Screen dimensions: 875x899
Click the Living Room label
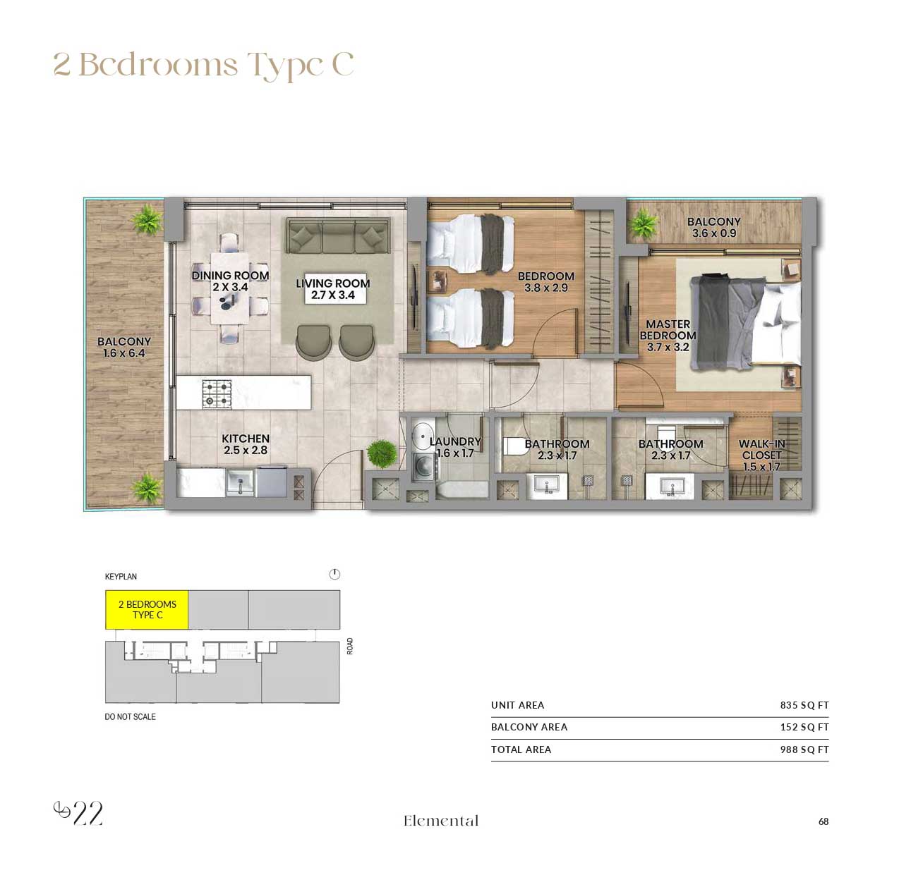(x=332, y=289)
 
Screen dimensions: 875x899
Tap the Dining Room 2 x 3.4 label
(x=230, y=281)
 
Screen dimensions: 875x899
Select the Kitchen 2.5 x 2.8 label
(x=246, y=444)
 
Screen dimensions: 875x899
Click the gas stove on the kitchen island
(x=217, y=394)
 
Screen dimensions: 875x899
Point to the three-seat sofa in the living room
(x=337, y=237)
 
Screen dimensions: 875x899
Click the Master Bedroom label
(x=668, y=336)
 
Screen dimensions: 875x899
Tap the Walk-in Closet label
(x=761, y=455)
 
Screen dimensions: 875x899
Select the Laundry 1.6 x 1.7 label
(x=454, y=447)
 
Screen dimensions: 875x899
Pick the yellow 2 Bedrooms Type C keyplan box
(x=147, y=610)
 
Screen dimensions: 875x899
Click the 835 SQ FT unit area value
(x=804, y=705)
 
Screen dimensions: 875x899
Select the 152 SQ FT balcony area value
(x=804, y=727)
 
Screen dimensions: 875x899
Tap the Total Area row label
(x=521, y=749)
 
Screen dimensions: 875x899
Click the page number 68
(x=823, y=821)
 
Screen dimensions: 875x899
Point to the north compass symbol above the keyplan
(x=334, y=575)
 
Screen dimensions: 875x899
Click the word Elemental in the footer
(x=441, y=821)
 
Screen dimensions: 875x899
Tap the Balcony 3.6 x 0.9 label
(x=713, y=227)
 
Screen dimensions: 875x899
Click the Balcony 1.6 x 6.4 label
(x=124, y=347)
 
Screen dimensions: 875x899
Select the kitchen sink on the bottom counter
(x=240, y=483)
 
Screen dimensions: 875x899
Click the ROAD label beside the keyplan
(x=350, y=646)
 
